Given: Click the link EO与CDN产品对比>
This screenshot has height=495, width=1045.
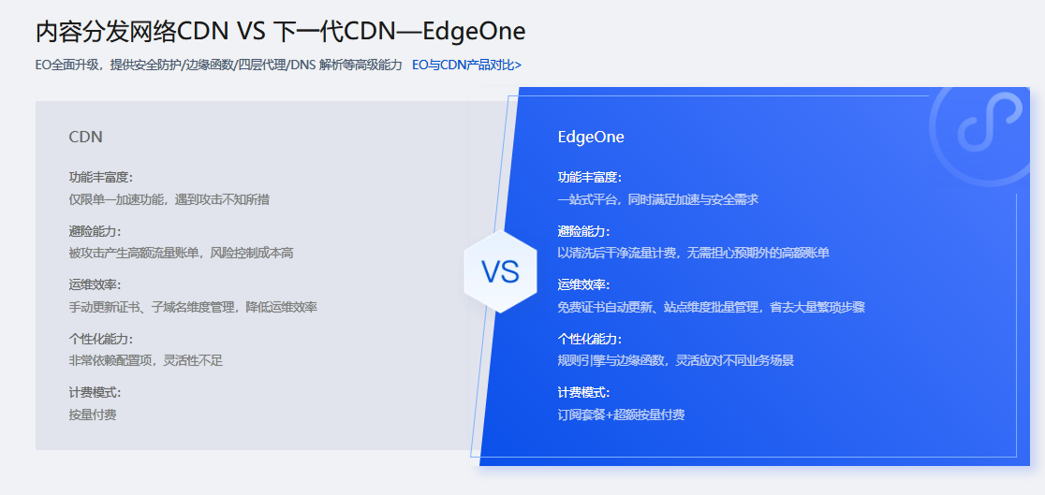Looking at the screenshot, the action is [466, 66].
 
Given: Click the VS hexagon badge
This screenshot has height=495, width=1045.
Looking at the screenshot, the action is [500, 271].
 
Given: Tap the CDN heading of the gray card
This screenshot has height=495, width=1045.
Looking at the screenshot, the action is [85, 137].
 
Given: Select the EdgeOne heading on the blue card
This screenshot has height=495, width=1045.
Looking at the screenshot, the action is [591, 137].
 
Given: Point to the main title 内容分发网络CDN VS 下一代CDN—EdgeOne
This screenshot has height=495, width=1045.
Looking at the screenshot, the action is [280, 32].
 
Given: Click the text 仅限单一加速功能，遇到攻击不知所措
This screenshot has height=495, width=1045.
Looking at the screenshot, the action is [169, 199].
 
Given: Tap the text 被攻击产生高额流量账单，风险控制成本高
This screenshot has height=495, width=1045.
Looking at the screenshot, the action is [181, 253].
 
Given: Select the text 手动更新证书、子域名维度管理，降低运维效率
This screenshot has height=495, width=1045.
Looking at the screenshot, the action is [193, 307].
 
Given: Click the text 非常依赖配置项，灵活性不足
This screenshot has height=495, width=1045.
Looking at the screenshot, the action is [145, 360].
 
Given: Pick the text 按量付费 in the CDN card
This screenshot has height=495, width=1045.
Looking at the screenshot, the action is [93, 415].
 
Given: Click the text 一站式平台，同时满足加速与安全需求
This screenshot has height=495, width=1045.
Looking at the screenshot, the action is [657, 199].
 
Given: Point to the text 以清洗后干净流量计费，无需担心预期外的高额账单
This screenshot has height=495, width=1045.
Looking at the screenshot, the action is [693, 253].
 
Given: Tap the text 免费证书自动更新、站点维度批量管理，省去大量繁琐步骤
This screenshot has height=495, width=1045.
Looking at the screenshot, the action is [711, 307].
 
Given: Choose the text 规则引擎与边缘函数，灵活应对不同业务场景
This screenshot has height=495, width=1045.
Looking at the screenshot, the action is [675, 360].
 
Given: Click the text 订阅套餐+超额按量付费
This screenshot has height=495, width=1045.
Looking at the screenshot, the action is [621, 415].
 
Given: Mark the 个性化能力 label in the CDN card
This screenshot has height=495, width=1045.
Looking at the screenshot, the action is [101, 339].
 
